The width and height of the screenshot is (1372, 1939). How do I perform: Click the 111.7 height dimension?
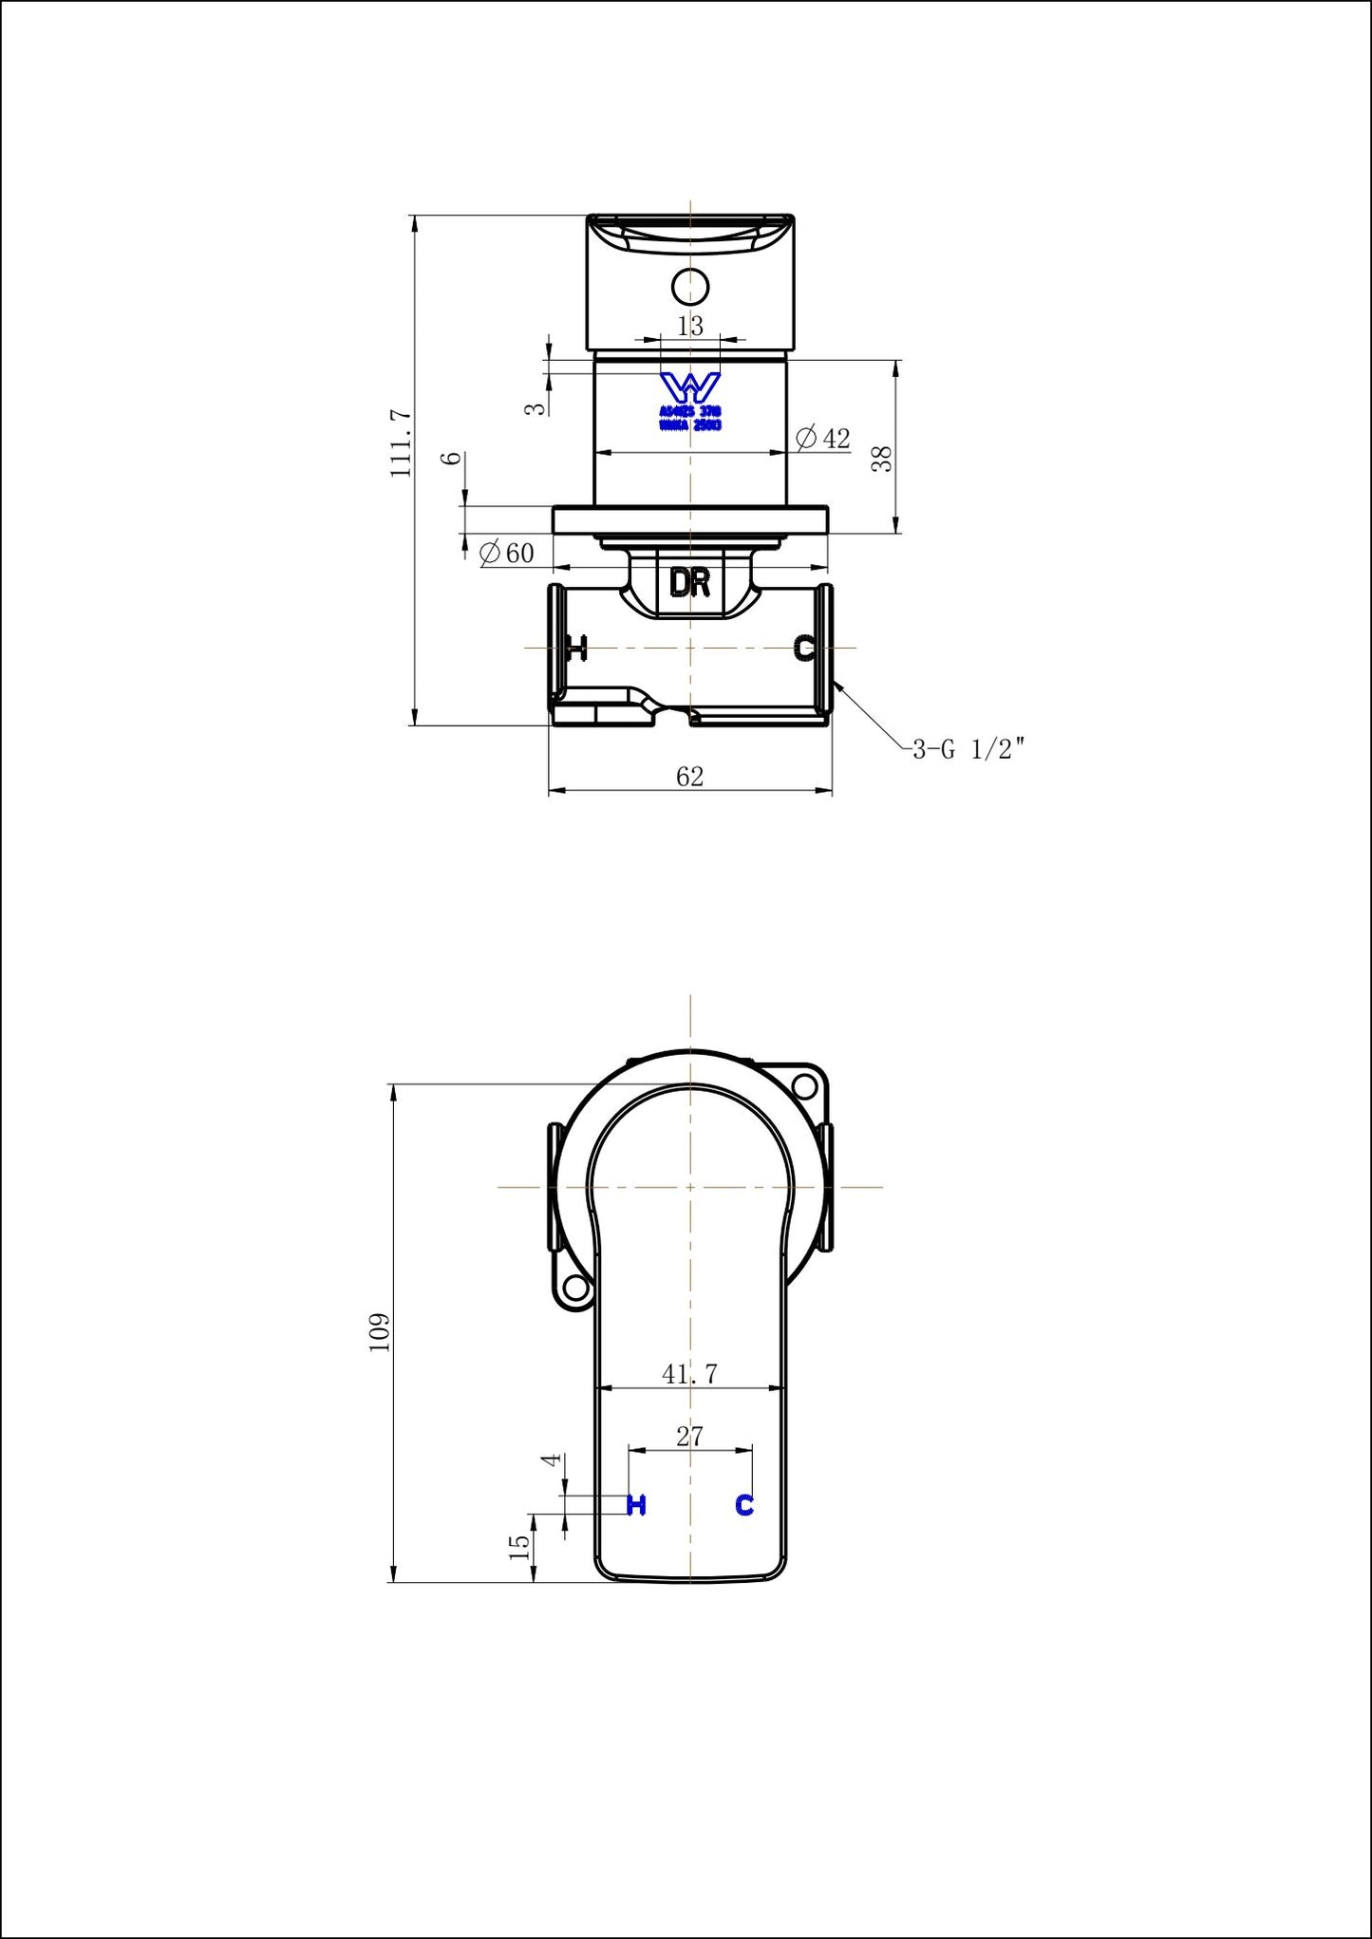coord(401,442)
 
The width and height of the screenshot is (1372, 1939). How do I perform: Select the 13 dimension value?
coord(690,326)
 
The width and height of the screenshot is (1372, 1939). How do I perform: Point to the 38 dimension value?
coord(882,459)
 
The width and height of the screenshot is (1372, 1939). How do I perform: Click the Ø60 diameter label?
coord(507,553)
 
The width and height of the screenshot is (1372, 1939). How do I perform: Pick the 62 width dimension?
coord(690,777)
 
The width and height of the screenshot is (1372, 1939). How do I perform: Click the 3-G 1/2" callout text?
coord(968,749)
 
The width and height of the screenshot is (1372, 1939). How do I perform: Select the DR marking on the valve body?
coord(690,582)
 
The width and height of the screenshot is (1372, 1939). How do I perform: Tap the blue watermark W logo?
coord(690,386)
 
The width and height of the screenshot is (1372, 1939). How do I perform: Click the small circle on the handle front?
coord(690,286)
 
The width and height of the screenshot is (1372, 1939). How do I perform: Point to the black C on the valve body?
coord(804,649)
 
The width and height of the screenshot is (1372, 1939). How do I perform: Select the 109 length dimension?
coord(380,1332)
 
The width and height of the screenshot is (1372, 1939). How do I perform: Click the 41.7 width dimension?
coord(690,1374)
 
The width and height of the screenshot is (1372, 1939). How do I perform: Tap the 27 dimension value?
coord(690,1437)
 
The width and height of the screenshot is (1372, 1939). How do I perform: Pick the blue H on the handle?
coord(637,1505)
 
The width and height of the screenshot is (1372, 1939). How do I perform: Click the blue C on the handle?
coord(744,1505)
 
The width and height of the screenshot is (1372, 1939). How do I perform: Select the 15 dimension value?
coord(520,1548)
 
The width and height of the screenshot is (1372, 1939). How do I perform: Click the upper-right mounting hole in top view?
coord(805,1086)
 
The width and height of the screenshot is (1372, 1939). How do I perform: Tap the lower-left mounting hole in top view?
coord(574,1288)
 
